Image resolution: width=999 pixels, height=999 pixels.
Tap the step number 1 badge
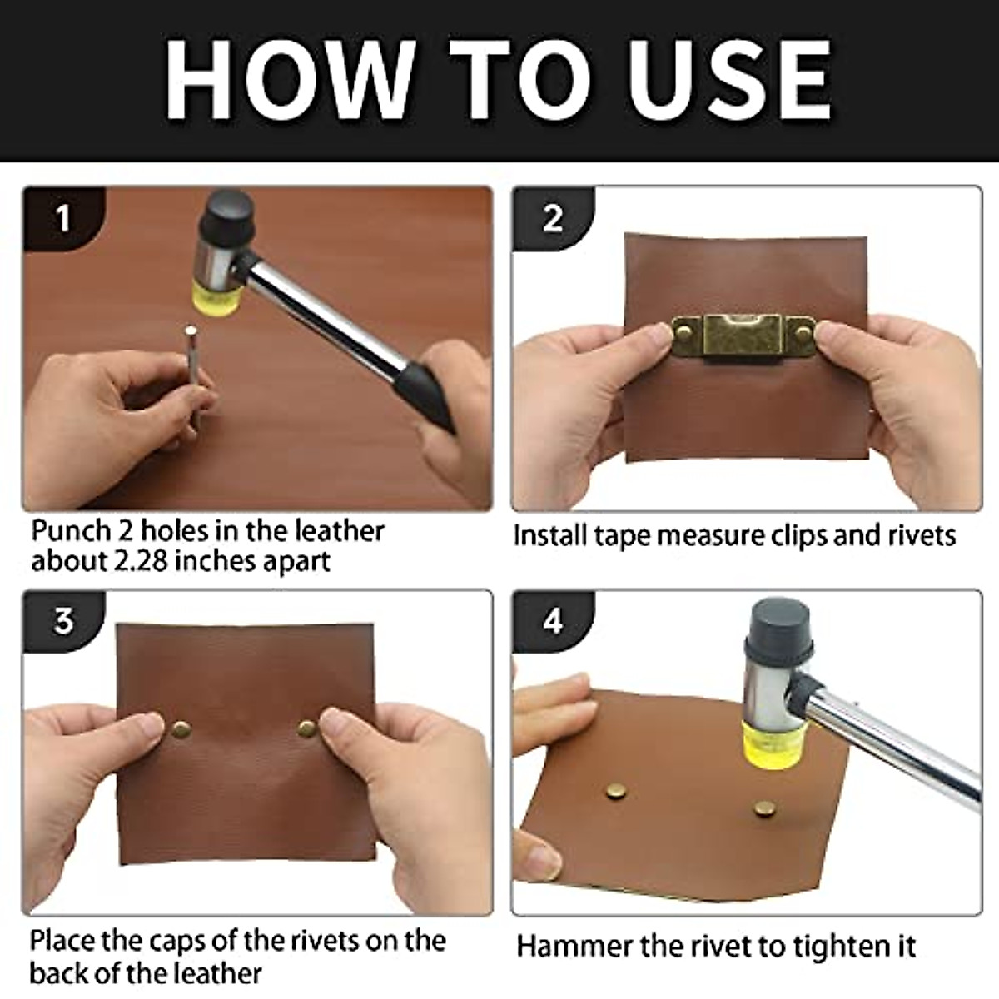click(x=62, y=219)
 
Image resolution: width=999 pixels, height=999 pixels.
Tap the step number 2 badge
click(x=552, y=218)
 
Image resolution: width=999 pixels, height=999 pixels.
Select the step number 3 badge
click(x=63, y=621)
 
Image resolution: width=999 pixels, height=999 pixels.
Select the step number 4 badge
click(x=553, y=621)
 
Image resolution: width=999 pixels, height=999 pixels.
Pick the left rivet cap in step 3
click(x=181, y=730)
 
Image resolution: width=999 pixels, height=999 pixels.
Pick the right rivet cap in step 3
click(x=307, y=729)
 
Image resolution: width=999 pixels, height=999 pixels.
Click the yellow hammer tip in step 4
click(x=774, y=738)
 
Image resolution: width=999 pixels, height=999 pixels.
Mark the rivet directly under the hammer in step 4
click(x=763, y=807)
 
